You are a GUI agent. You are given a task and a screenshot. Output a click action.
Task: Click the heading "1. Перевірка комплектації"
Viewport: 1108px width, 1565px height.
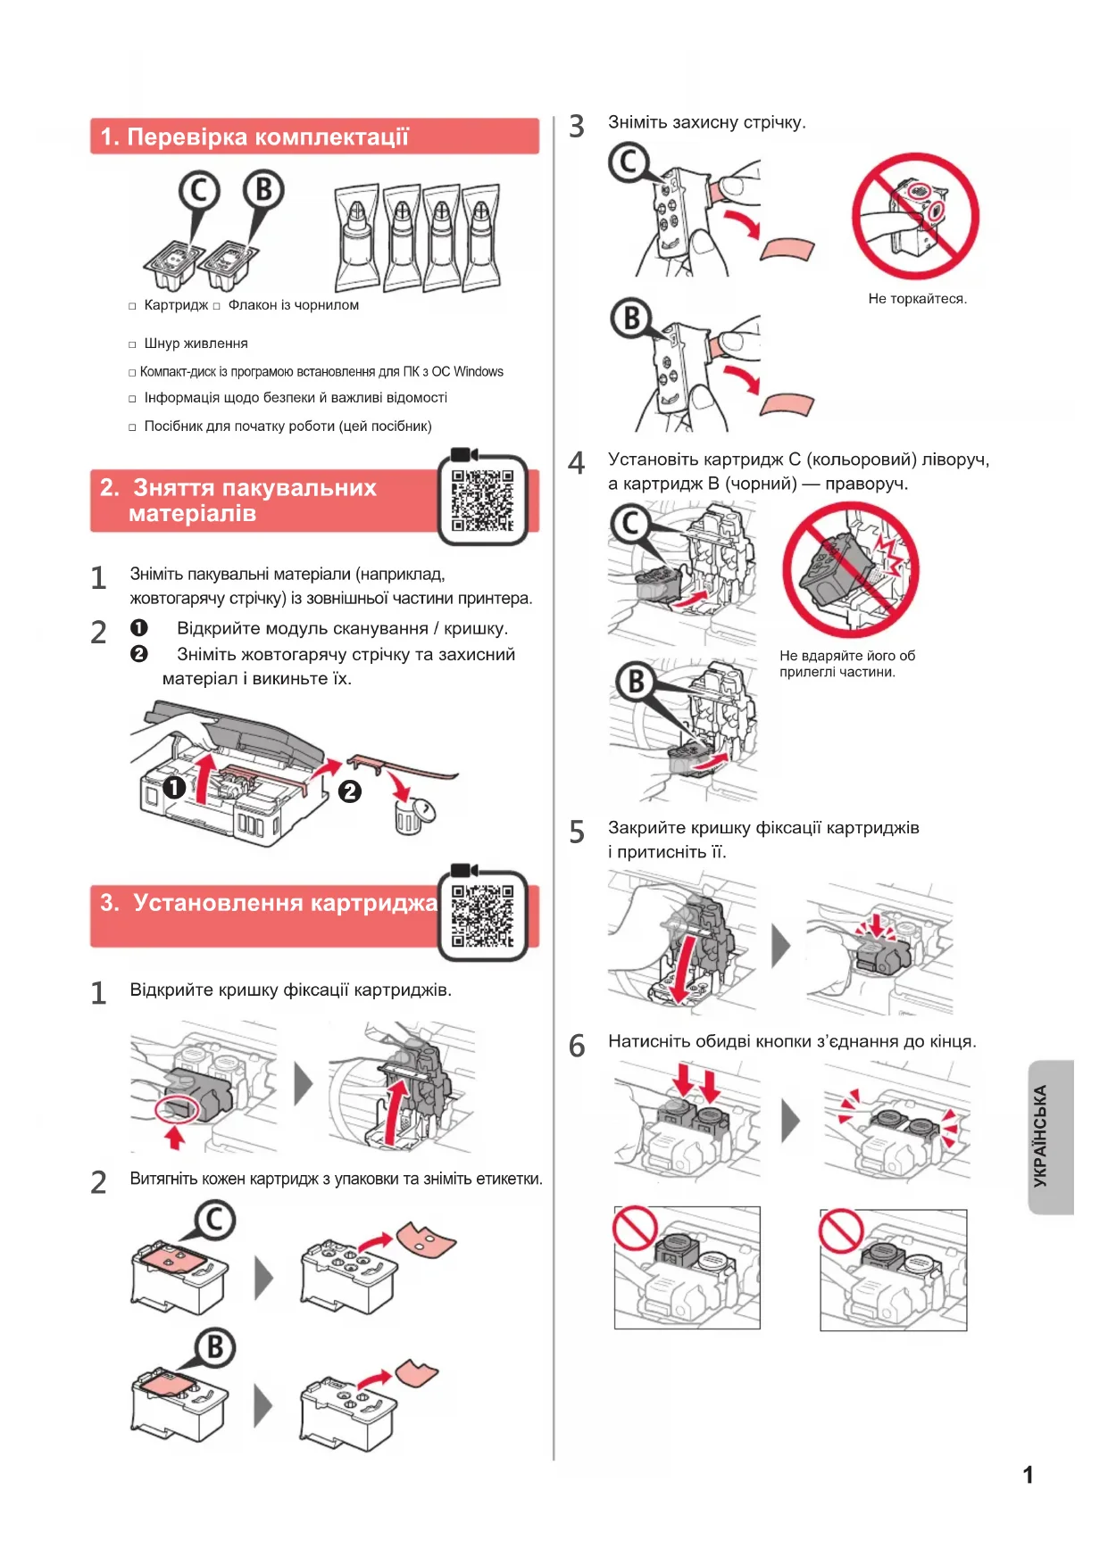point(254,137)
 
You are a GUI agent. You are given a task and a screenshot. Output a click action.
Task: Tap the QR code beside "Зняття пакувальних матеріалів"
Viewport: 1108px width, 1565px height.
point(482,501)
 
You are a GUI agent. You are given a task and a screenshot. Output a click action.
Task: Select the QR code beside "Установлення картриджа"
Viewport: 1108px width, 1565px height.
point(482,916)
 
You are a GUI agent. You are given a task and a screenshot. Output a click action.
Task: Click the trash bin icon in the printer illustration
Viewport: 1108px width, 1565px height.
point(409,816)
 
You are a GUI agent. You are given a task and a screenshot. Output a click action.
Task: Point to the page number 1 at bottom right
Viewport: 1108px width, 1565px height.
point(1028,1475)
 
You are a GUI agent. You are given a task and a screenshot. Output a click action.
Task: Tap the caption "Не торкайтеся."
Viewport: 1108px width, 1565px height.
point(917,299)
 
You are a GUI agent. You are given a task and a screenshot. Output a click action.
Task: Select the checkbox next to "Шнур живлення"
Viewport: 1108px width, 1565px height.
point(132,344)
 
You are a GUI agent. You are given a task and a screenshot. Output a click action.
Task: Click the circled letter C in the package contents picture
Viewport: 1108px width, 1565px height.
point(198,191)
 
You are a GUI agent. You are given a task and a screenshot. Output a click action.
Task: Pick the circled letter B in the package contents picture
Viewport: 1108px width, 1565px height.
point(263,191)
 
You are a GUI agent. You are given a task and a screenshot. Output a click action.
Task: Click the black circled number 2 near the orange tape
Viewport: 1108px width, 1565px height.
point(350,791)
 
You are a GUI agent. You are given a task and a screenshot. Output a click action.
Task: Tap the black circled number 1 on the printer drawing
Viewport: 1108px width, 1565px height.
point(174,788)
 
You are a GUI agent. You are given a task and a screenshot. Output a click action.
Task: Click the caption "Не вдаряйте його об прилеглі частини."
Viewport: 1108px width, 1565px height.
point(846,664)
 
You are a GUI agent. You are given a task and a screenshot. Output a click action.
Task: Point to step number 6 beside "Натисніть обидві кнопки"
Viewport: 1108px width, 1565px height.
point(577,1046)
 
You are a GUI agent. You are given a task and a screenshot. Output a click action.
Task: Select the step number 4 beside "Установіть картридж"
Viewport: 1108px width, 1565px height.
point(577,464)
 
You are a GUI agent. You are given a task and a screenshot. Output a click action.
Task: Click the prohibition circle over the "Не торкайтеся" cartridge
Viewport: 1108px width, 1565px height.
point(915,216)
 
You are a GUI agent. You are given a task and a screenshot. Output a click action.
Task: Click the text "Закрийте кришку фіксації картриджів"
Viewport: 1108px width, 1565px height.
point(763,828)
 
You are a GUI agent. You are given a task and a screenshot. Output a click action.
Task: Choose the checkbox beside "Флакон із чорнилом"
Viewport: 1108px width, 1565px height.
point(216,306)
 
